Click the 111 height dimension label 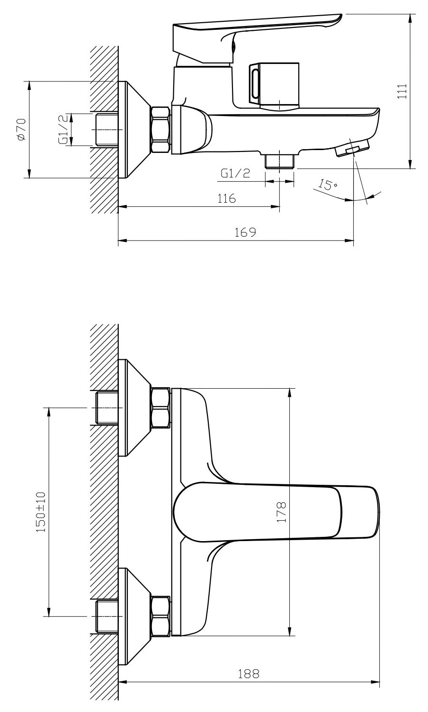pos(402,91)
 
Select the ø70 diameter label pos(22,129)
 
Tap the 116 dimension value pos(226,198)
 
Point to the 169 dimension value pos(245,232)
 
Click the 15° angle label pos(328,185)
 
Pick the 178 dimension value pos(281,512)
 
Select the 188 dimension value pos(249,673)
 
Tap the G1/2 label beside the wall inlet pos(63,130)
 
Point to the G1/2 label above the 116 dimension pos(235,173)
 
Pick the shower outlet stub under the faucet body pos(280,161)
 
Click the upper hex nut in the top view pos(160,408)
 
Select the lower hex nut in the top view pos(160,616)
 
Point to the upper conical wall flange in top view pos(134,408)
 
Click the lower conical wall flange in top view pos(134,616)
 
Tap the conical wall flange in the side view pos(134,130)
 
